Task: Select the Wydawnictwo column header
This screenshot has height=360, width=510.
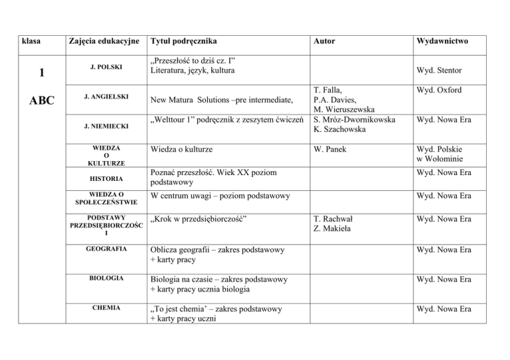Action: pos(441,41)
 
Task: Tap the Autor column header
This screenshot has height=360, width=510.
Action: pos(326,41)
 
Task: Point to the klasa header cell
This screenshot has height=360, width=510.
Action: pos(31,41)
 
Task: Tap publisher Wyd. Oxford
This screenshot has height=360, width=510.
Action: pos(439,90)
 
